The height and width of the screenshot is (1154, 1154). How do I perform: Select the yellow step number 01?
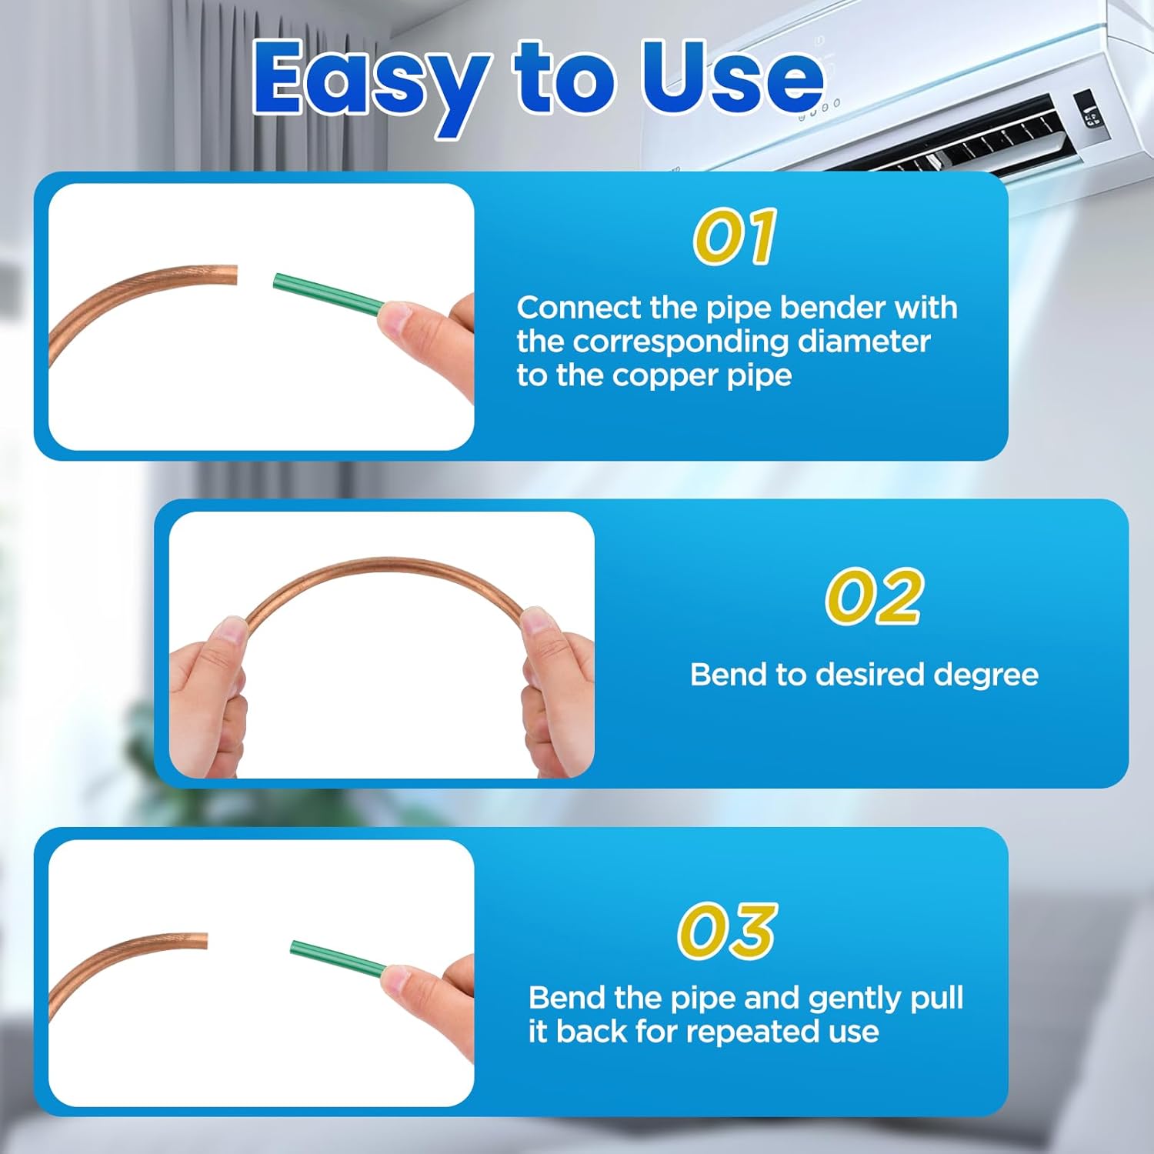735,237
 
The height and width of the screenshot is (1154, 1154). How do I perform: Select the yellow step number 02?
874,597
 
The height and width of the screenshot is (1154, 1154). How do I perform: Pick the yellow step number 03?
727,931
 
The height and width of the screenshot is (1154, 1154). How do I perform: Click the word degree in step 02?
986,675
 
